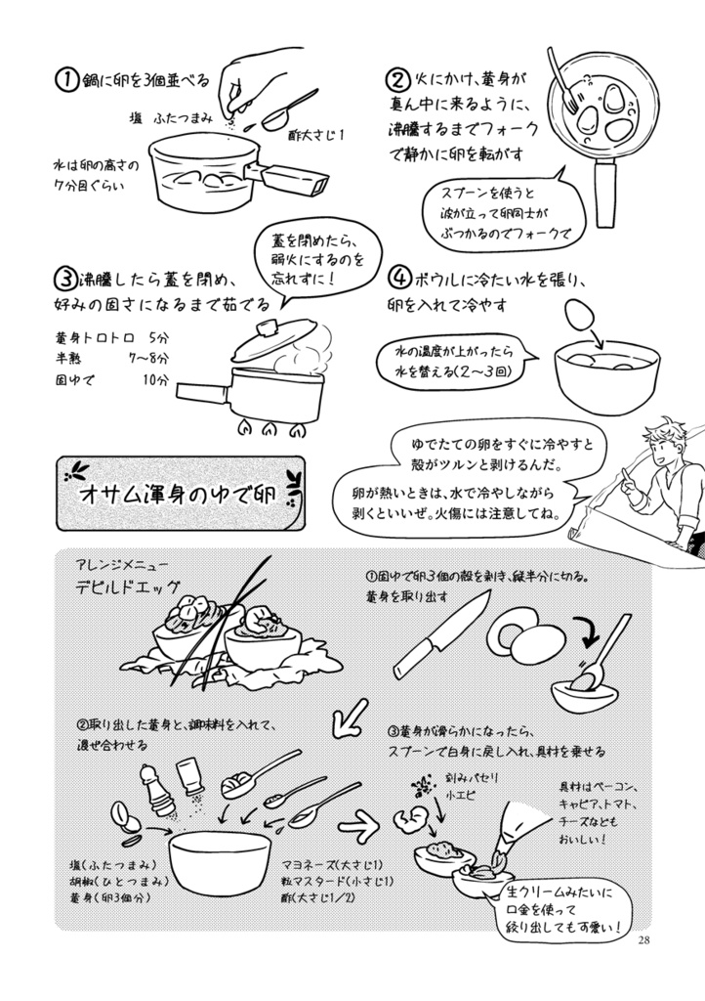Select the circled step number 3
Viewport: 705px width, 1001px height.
(64, 279)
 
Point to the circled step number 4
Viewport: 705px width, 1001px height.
(396, 277)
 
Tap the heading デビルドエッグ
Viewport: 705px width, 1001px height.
(131, 588)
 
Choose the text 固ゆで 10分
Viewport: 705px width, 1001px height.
(112, 379)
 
